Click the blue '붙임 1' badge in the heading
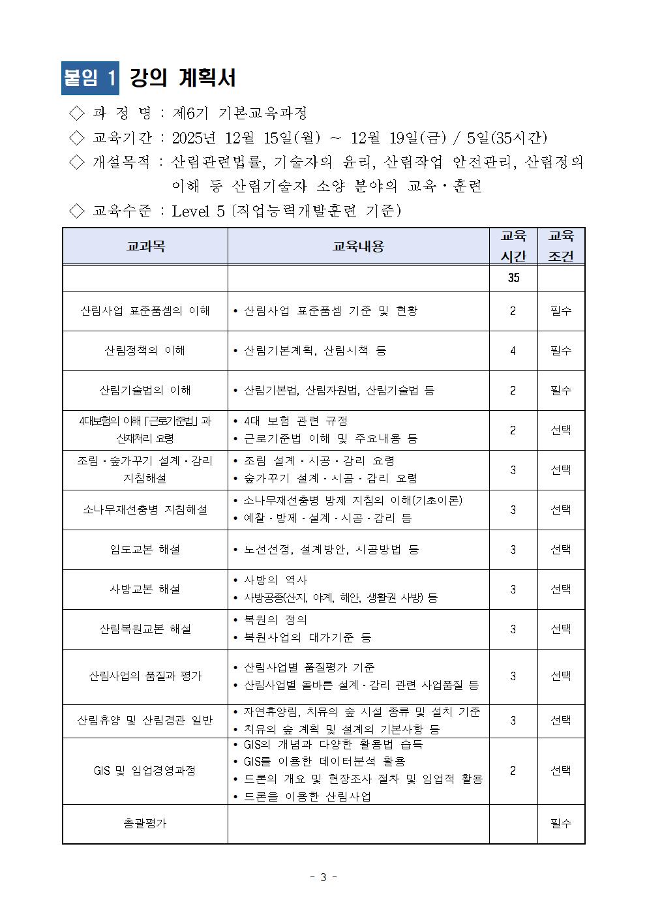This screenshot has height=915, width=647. (x=91, y=78)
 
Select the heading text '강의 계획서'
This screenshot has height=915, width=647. (x=183, y=78)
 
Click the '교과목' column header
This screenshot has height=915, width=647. (x=145, y=247)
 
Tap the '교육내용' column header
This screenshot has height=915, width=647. (x=358, y=247)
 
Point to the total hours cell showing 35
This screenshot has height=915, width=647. (x=513, y=278)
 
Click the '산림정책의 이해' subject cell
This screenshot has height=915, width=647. (x=145, y=351)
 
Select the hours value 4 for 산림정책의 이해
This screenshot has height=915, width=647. (x=513, y=351)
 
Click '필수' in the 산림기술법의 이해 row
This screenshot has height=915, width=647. (x=561, y=391)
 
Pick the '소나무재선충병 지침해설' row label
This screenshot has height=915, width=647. (x=145, y=510)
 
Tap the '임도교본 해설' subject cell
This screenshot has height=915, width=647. (x=145, y=550)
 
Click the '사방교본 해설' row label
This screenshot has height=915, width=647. (x=145, y=590)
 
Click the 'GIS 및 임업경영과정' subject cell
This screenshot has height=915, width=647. (x=145, y=771)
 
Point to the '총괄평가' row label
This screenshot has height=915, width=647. (x=145, y=824)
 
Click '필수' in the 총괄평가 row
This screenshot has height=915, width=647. (x=561, y=824)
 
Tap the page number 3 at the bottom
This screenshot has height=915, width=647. (x=323, y=877)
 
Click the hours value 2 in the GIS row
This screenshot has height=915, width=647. (x=513, y=771)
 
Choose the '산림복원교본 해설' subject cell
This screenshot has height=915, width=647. (x=145, y=629)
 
